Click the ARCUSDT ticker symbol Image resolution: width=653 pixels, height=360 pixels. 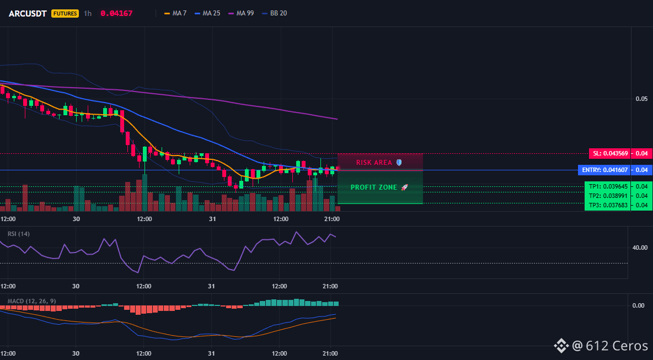pos(28,13)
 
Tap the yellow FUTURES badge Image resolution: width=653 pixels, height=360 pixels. pos(65,13)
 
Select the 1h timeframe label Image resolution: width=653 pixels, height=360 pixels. pos(88,13)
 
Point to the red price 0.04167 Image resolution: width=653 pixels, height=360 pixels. pos(116,13)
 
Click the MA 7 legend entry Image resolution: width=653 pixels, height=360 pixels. pos(175,13)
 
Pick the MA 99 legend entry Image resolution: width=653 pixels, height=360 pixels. pos(241,13)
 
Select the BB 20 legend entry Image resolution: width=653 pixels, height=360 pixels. pos(275,13)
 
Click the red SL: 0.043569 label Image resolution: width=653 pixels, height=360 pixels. pos(609,154)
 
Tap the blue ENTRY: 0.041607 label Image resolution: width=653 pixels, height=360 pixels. pos(604,170)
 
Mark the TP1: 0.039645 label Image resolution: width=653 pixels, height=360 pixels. pos(608,186)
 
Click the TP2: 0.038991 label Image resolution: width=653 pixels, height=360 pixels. pos(608,196)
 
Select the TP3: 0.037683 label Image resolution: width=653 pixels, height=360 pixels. pos(608,205)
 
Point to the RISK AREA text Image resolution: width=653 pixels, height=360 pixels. pos(374,162)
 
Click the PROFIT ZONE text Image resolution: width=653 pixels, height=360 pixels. pos(374,187)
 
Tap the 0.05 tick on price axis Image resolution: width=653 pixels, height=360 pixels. pos(641,99)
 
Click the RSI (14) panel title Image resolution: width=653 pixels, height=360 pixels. pos(19,234)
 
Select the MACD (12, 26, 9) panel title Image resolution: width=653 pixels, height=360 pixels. pos(31,301)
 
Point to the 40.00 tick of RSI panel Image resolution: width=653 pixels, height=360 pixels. pos(640,248)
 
